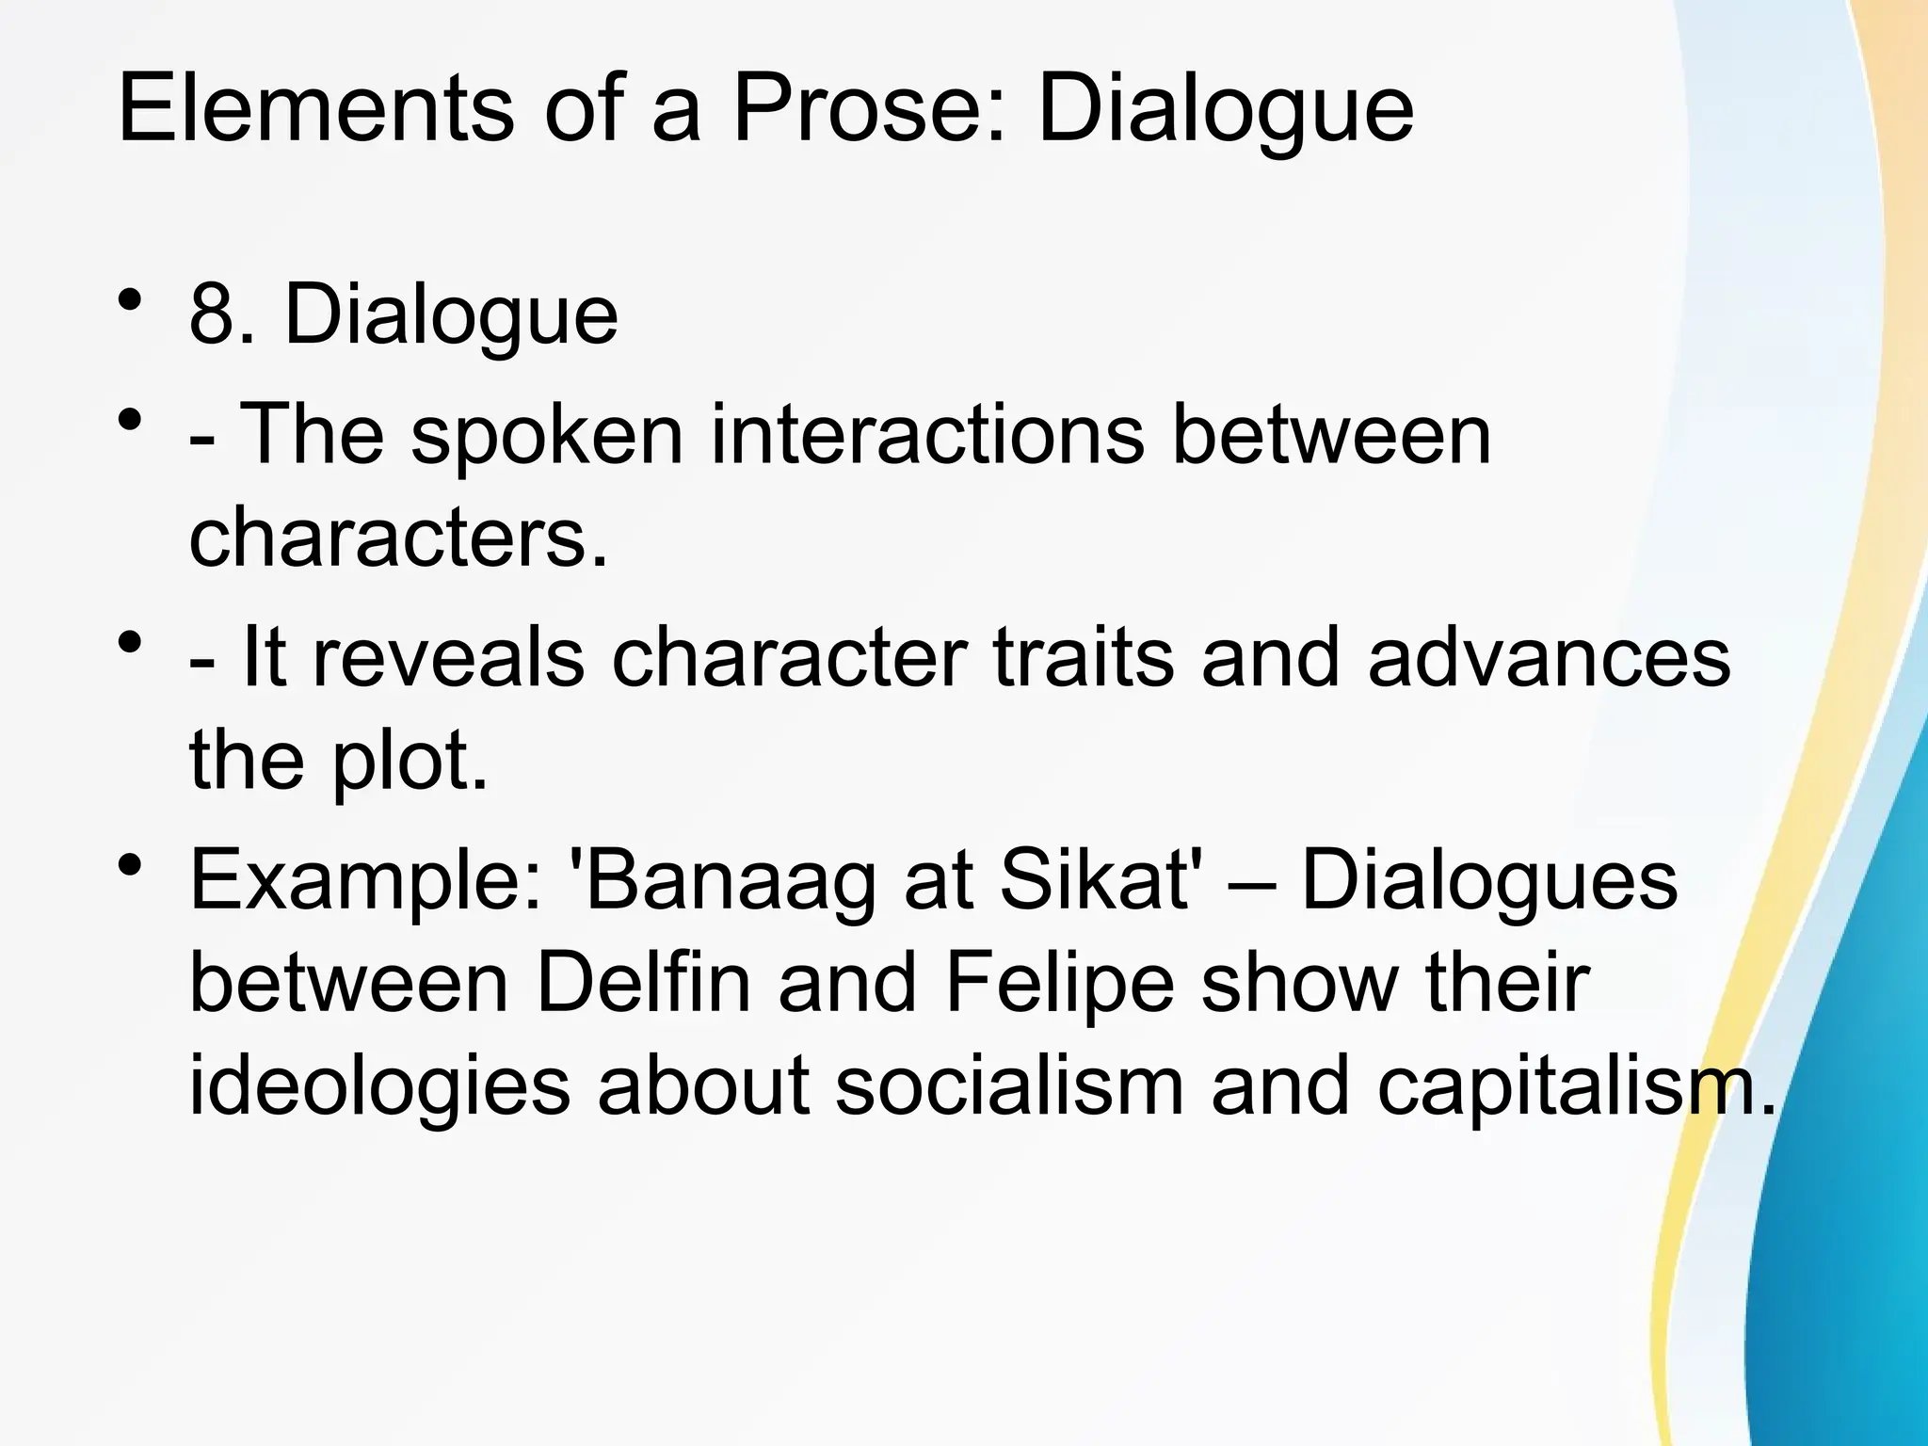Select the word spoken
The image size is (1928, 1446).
pos(546,435)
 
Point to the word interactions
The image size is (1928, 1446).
pos(926,435)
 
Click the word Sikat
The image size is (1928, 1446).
pos(1092,881)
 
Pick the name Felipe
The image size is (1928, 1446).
pos(1060,984)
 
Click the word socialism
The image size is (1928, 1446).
pos(1008,1087)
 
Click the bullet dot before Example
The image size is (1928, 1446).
pos(131,864)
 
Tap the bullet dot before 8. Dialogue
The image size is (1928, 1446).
pos(131,297)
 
